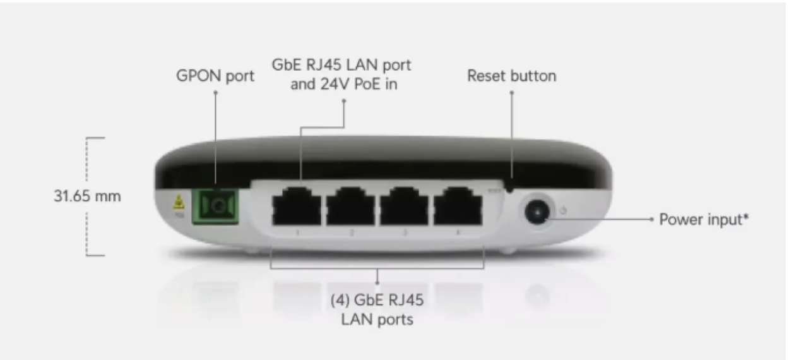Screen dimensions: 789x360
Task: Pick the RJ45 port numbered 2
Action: pos(351,206)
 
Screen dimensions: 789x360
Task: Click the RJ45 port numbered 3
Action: pos(405,206)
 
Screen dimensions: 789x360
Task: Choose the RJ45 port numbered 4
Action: pos(458,206)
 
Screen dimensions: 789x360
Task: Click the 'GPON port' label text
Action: pos(215,76)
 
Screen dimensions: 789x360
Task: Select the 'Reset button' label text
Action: pos(511,76)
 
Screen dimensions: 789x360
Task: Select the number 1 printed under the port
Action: pos(298,233)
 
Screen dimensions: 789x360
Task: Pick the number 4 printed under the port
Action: pos(458,233)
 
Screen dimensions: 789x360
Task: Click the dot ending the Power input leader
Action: pos(651,220)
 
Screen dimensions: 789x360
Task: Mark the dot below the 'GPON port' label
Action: pos(215,93)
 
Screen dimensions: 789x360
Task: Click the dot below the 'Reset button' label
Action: pos(511,93)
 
